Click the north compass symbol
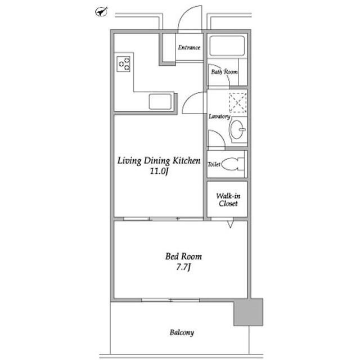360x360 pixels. click(x=101, y=12)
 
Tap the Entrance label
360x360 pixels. click(x=189, y=47)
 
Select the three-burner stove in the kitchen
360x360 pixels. click(x=123, y=64)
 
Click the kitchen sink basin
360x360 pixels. click(x=160, y=101)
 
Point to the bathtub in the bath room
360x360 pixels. click(x=227, y=46)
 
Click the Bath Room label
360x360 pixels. click(x=224, y=72)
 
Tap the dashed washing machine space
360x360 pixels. click(x=238, y=102)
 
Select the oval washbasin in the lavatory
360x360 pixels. click(x=236, y=129)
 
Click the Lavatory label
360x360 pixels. click(x=219, y=116)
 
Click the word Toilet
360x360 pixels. click(x=214, y=164)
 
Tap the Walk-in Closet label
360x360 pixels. click(x=228, y=200)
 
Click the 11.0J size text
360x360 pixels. click(x=159, y=171)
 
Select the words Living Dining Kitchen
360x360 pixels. click(x=159, y=160)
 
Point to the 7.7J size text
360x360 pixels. click(x=183, y=267)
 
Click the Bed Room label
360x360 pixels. click(x=184, y=256)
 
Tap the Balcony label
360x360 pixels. click(x=182, y=332)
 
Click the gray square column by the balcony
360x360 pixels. click(x=248, y=312)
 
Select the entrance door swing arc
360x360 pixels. click(x=186, y=13)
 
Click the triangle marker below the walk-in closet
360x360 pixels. click(x=230, y=224)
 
